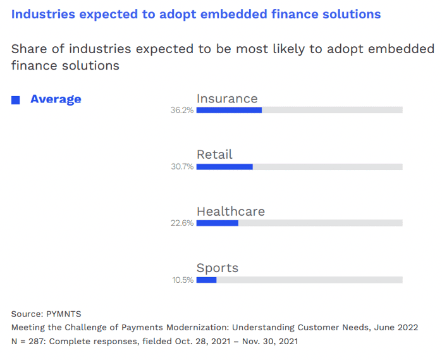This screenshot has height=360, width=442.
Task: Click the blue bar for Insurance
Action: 229,110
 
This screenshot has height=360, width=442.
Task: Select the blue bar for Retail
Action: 224,167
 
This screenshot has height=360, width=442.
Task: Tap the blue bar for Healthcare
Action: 217,223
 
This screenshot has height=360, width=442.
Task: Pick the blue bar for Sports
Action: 206,280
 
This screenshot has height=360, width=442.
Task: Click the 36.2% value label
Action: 181,110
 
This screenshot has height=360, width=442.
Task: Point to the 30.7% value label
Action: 181,167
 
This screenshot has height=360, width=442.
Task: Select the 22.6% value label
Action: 181,223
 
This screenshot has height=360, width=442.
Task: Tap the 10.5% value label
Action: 183,280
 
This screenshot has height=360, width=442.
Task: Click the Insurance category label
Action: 227,99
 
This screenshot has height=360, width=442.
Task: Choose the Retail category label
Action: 214,154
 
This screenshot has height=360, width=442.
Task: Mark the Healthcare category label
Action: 230,211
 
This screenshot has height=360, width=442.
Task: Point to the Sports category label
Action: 218,268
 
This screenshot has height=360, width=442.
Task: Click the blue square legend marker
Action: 16,100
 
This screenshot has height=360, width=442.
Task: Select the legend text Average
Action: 56,99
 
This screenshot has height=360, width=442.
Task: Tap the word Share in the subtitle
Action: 28,49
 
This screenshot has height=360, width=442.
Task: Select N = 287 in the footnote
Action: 27,342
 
